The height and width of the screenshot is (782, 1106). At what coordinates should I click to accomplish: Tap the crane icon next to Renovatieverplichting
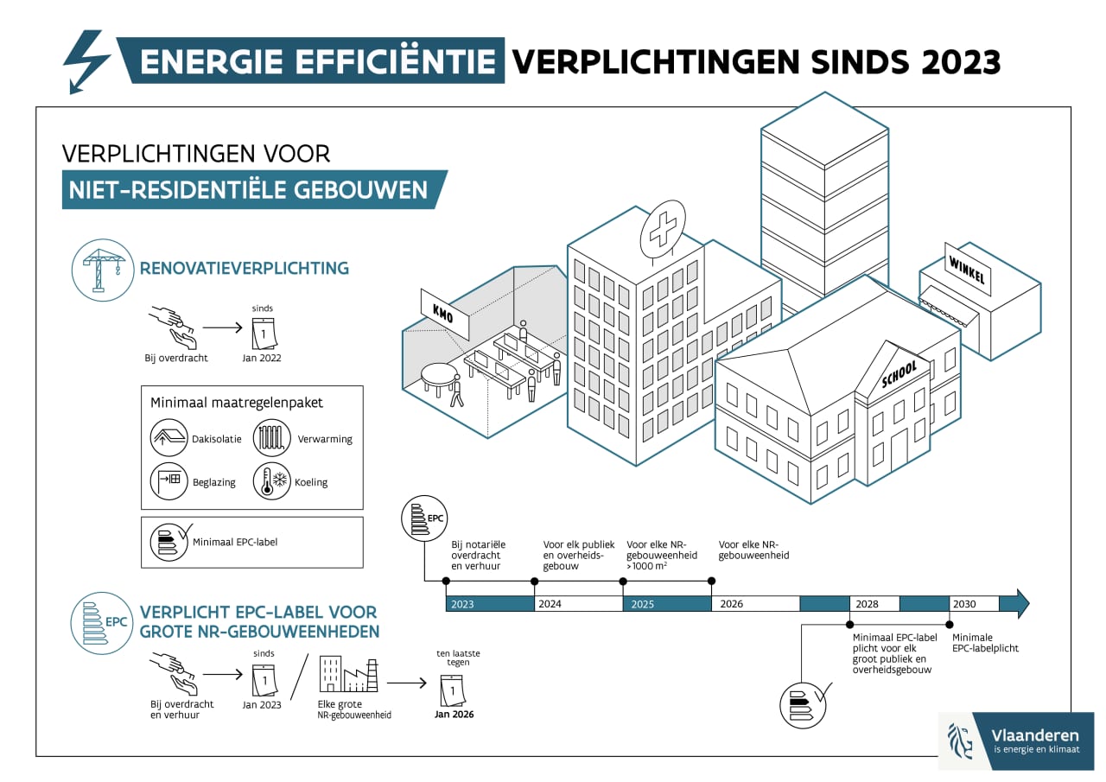pyautogui.click(x=103, y=270)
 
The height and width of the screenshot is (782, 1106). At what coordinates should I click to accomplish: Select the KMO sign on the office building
pyautogui.click(x=444, y=315)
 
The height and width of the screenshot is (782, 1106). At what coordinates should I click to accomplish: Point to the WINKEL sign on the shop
pyautogui.click(x=967, y=270)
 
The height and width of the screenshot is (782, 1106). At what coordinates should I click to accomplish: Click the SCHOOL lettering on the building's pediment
pyautogui.click(x=899, y=374)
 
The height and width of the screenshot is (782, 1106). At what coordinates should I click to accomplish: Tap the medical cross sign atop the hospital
pyautogui.click(x=663, y=229)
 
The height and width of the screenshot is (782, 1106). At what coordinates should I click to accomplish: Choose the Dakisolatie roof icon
pyautogui.click(x=168, y=438)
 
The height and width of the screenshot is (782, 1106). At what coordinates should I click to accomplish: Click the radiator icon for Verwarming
pyautogui.click(x=271, y=438)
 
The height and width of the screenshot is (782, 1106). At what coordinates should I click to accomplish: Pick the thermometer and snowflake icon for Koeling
pyautogui.click(x=271, y=481)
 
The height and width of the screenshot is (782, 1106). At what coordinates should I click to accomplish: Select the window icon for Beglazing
pyautogui.click(x=168, y=481)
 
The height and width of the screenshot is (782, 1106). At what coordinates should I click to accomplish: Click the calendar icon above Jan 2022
pyautogui.click(x=264, y=334)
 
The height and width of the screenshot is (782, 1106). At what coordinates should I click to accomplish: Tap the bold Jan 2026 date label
pyautogui.click(x=454, y=715)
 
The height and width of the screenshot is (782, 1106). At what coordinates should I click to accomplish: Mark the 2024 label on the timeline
pyautogui.click(x=550, y=604)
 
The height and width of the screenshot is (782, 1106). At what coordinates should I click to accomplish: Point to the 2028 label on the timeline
pyautogui.click(x=867, y=604)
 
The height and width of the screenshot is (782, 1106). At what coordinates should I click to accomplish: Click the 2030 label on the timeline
pyautogui.click(x=964, y=604)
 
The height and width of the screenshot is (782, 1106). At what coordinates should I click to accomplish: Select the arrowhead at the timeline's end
pyautogui.click(x=1019, y=603)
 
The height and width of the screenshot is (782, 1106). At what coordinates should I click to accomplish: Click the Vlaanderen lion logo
pyautogui.click(x=960, y=741)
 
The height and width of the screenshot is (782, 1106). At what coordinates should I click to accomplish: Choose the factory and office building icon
pyautogui.click(x=348, y=675)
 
